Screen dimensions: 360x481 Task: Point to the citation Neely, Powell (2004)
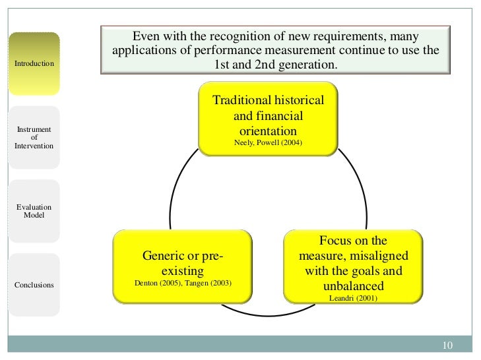pyautogui.click(x=268, y=142)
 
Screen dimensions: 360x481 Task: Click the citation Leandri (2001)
pyautogui.click(x=353, y=297)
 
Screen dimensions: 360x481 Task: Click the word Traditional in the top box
pyautogui.click(x=241, y=100)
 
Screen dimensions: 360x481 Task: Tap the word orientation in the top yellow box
pyautogui.click(x=268, y=131)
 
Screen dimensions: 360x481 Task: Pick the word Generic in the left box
pyautogui.click(x=162, y=255)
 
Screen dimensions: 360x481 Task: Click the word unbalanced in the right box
pyautogui.click(x=353, y=285)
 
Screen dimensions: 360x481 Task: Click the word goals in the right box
pyautogui.click(x=387, y=270)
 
